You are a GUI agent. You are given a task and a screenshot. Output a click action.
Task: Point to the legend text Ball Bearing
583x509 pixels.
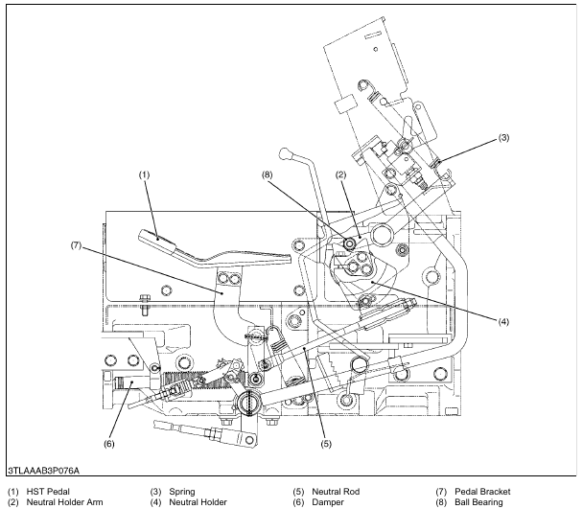481,500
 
